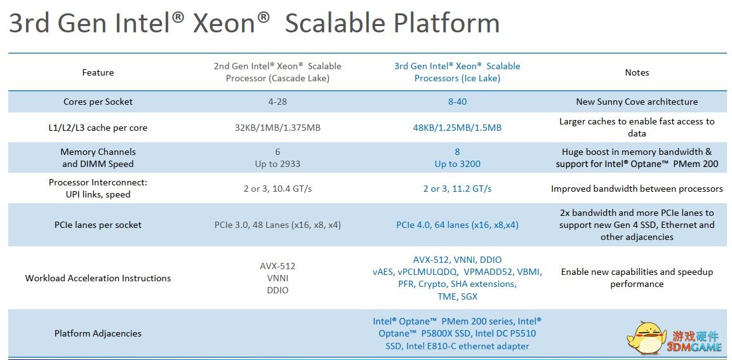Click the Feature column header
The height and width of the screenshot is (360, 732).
[x=98, y=72]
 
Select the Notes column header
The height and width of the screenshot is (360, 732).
[x=637, y=72]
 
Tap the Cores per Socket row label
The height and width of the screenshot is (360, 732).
[x=98, y=102]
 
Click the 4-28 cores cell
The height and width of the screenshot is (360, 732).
[x=278, y=102]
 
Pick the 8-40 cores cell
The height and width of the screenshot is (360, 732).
[x=458, y=102]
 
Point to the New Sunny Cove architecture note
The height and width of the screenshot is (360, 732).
[x=637, y=102]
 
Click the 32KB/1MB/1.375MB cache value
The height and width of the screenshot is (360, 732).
[x=278, y=128]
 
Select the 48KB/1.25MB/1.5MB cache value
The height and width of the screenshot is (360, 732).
[x=458, y=128]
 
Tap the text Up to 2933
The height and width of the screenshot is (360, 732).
[x=278, y=164]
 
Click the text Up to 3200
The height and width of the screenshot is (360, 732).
[x=458, y=164]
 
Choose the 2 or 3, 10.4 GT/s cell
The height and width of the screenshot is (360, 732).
[x=278, y=189]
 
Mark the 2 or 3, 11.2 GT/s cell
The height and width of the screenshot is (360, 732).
[x=458, y=189]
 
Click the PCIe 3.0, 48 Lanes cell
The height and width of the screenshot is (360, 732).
[x=278, y=225]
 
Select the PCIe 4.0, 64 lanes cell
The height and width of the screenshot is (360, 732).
[x=458, y=225]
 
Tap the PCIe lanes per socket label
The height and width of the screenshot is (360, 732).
[x=98, y=225]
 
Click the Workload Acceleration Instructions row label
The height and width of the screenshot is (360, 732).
[x=98, y=278]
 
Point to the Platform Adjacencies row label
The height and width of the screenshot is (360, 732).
[x=98, y=333]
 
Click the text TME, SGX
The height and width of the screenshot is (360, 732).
[x=458, y=297]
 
